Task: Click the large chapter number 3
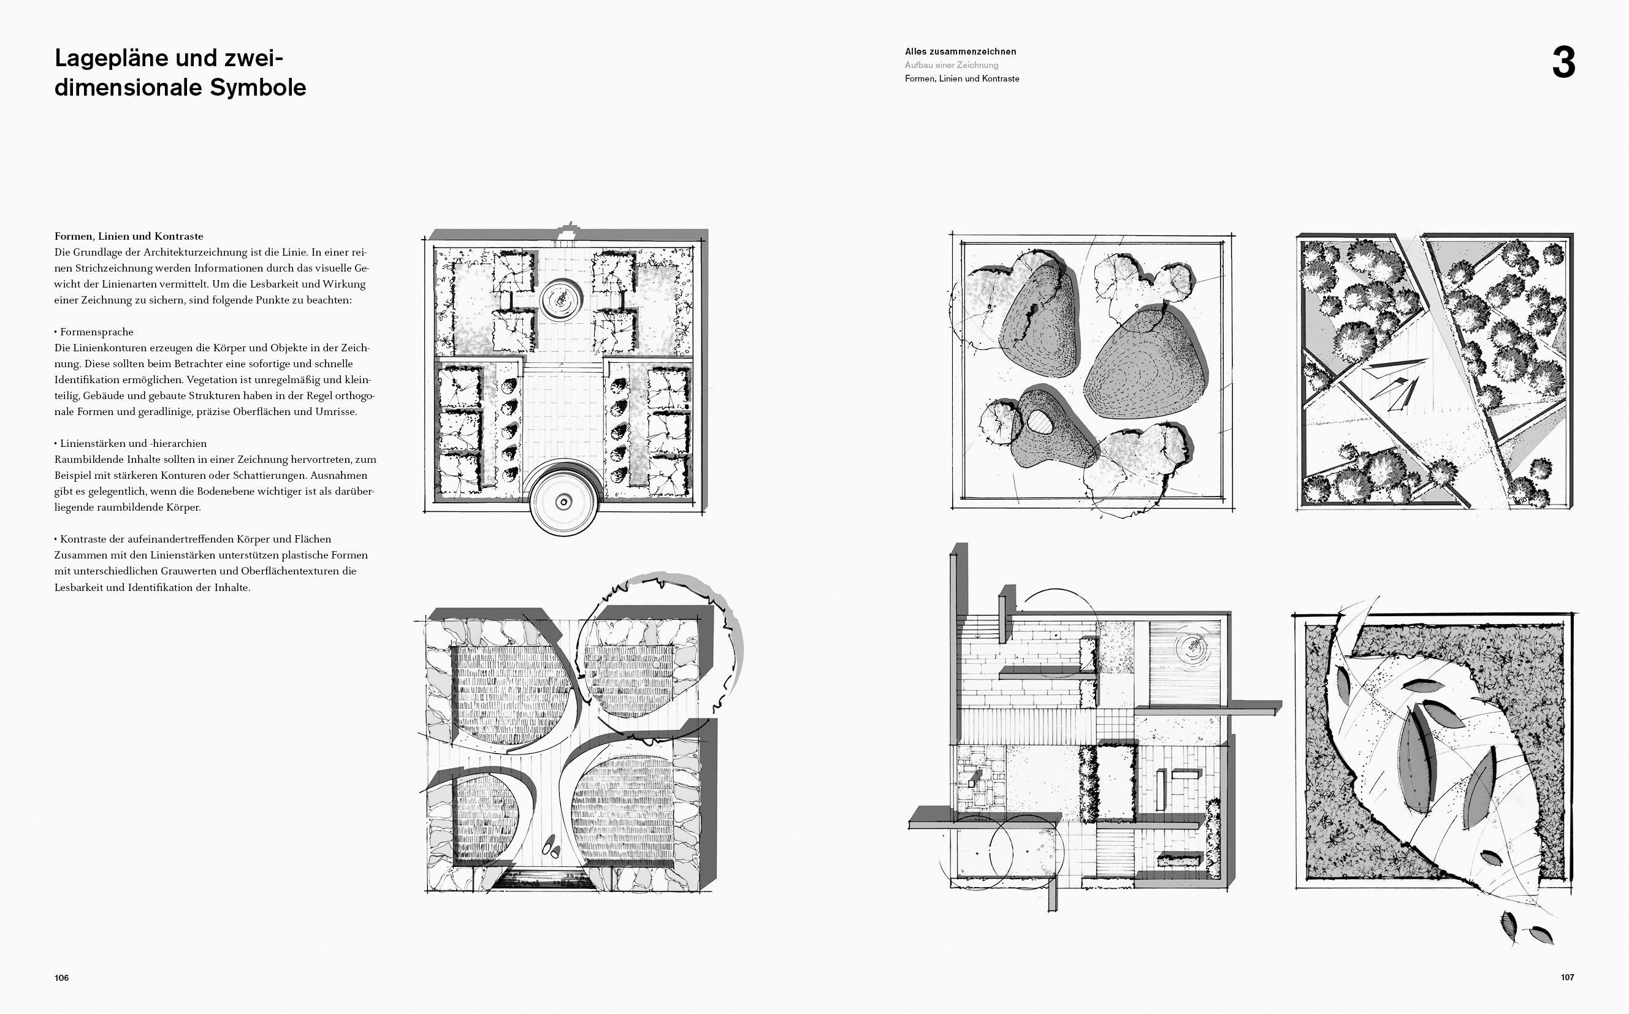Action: (1563, 64)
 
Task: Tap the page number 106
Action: (62, 978)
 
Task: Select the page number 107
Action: (1567, 977)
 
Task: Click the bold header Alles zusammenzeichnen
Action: (960, 51)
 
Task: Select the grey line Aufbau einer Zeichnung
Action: (952, 65)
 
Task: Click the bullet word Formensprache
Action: (97, 332)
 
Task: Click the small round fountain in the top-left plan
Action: (562, 300)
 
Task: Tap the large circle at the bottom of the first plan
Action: (564, 497)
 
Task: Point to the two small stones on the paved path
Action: (551, 847)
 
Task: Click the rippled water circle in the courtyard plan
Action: (1193, 647)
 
